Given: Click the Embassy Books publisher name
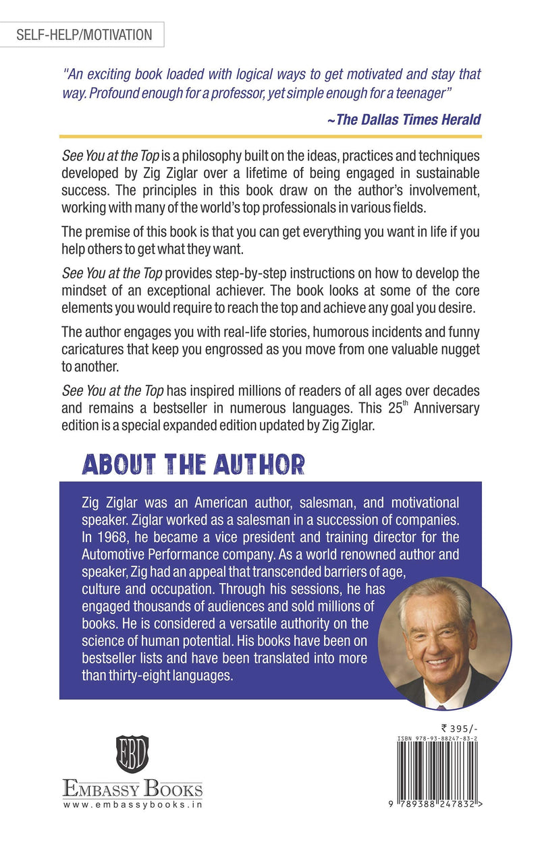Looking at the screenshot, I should pos(132,789).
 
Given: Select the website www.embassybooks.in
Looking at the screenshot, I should pos(132,804).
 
